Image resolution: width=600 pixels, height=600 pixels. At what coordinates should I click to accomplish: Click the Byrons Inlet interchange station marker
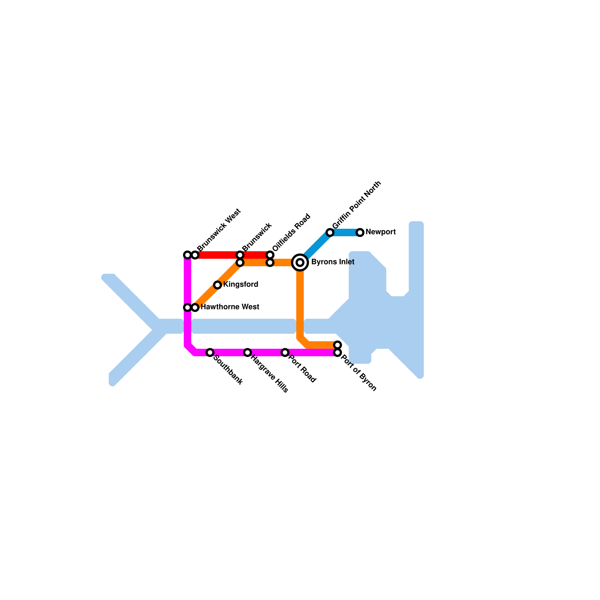point(300,262)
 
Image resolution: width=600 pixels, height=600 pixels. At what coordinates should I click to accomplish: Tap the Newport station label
point(380,232)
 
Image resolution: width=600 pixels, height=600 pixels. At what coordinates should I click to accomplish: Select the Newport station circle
point(360,232)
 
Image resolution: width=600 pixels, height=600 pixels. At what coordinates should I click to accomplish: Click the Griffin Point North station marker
point(330,232)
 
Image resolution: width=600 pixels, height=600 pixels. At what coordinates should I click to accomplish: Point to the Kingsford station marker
point(217,285)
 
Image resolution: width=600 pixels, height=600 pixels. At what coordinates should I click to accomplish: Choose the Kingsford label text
point(240,285)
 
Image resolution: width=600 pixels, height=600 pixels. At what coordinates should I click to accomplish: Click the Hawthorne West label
point(229,307)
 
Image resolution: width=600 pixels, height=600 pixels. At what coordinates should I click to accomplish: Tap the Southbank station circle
point(210,352)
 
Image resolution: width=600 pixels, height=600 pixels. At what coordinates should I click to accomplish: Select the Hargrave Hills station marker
point(247,352)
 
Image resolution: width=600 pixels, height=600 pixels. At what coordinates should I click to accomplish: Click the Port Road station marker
point(285,352)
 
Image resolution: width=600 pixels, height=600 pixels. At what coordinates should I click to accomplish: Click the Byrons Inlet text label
point(333,262)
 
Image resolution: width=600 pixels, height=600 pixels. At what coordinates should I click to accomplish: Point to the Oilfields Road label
point(291,232)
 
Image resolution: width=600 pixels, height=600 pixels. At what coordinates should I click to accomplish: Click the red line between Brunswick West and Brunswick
point(217,255)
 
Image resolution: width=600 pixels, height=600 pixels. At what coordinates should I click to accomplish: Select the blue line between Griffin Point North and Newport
point(345,232)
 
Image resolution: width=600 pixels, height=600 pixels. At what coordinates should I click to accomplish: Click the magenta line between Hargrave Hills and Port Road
point(266,352)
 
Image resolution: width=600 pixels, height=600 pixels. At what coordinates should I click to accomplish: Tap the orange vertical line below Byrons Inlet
point(300,304)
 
